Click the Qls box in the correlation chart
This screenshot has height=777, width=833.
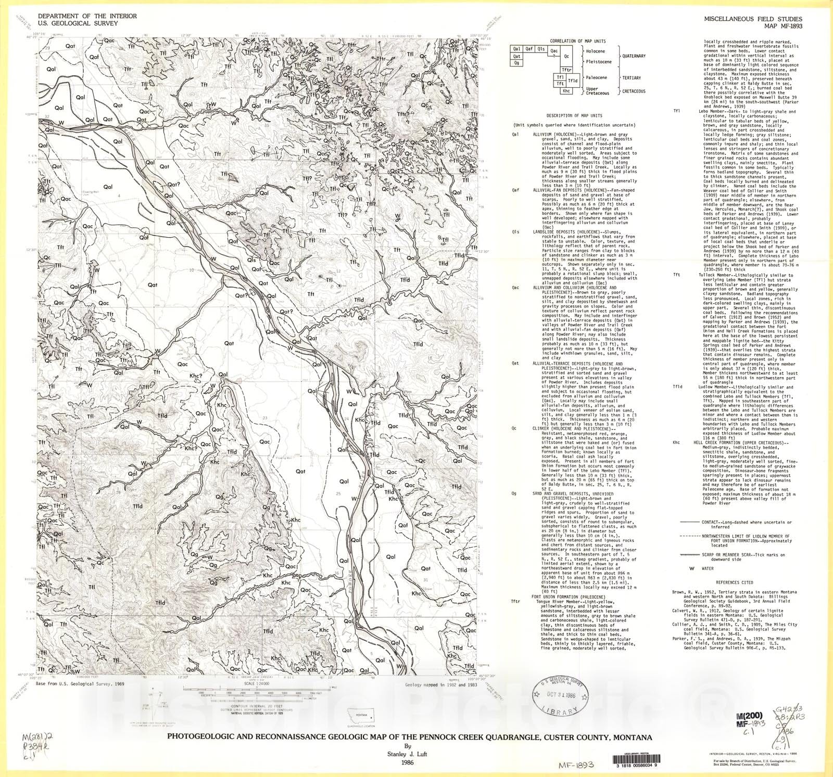(x=541, y=49)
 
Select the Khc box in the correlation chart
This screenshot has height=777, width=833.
(x=567, y=90)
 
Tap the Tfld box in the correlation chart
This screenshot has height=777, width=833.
(x=573, y=81)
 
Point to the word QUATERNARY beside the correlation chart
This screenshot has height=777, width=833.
(x=634, y=56)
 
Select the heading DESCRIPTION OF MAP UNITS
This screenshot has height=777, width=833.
(x=578, y=115)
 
